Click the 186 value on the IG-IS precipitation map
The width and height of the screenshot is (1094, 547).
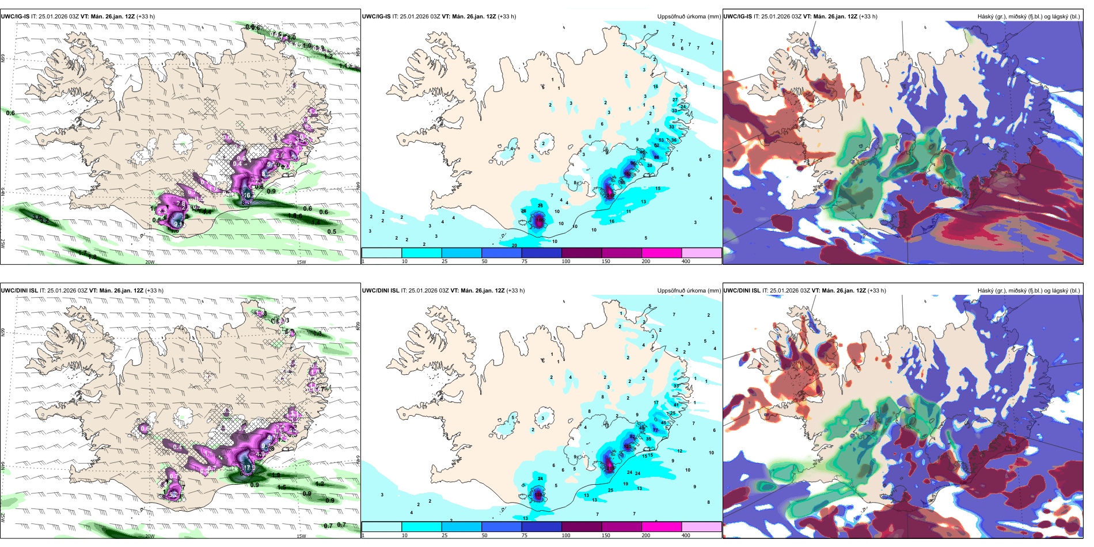pos(627,173)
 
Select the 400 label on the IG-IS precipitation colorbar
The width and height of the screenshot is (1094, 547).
pos(686,261)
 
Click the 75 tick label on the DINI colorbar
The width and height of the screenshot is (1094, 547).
pos(525,535)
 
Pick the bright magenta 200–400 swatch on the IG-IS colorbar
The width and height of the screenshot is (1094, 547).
pos(661,253)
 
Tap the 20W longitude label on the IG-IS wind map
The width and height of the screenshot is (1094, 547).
pos(150,262)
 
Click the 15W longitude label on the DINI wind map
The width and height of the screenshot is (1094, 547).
pos(301,536)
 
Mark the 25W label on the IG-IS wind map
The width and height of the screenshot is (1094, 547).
pos(3,244)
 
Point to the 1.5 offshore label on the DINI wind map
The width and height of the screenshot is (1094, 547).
pos(281,487)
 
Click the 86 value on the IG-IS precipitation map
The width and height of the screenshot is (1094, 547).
pos(656,157)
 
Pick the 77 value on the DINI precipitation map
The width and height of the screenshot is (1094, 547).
pos(655,430)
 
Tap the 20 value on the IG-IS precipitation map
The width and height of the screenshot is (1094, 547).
pos(514,245)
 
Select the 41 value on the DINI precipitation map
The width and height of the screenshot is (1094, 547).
pos(676,405)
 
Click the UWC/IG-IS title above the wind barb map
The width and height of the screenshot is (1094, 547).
pos(15,17)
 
